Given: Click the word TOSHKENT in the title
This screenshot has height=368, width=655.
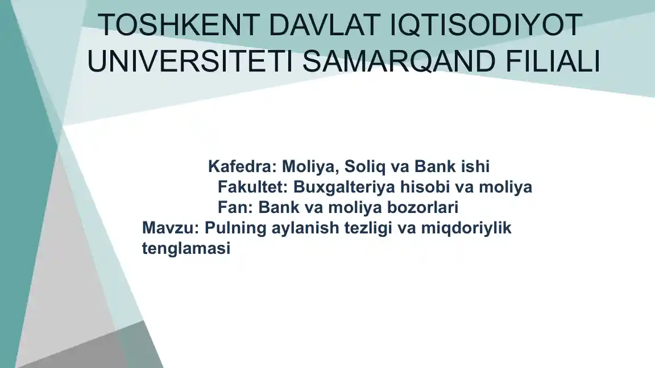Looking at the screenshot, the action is pyautogui.click(x=179, y=25).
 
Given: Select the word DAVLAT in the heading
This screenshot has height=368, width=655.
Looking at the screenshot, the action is pyautogui.click(x=325, y=25).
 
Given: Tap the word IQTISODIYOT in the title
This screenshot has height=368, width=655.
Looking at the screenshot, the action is pyautogui.click(x=486, y=25).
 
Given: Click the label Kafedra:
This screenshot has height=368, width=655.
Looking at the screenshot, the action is pyautogui.click(x=243, y=166).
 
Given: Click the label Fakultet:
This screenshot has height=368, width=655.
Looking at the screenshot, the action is pyautogui.click(x=253, y=187).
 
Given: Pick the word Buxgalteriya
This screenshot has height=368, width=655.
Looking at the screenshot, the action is pyautogui.click(x=344, y=187).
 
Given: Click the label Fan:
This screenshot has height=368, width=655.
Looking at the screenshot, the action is pyautogui.click(x=235, y=207).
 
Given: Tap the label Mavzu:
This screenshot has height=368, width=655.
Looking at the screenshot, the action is pyautogui.click(x=171, y=228).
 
